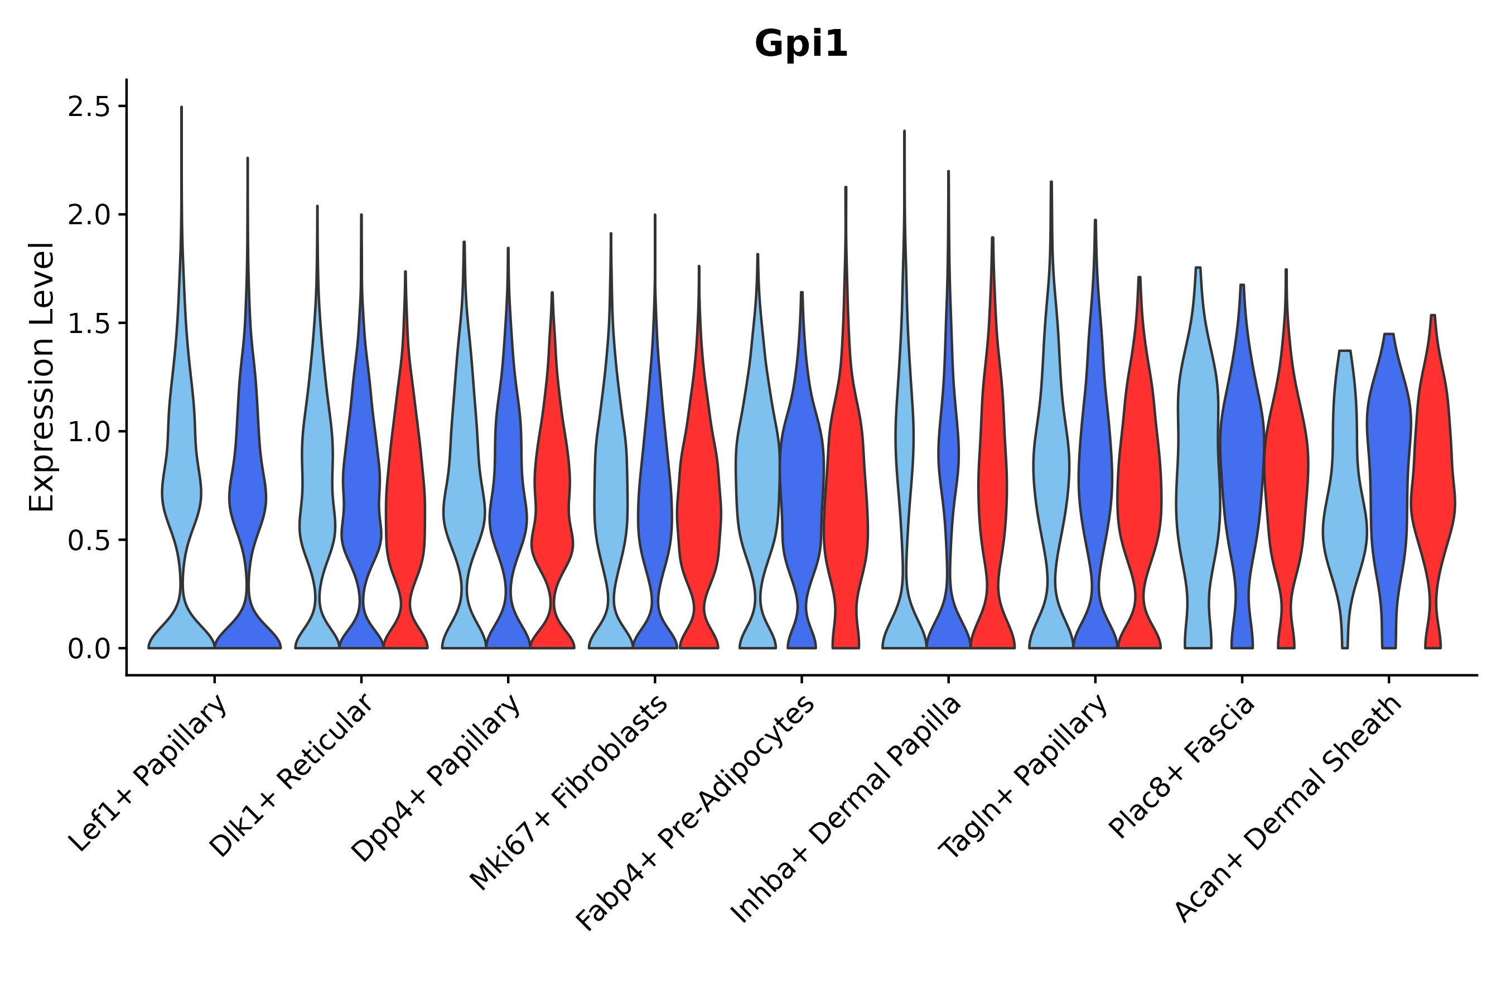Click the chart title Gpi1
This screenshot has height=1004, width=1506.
[801, 45]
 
